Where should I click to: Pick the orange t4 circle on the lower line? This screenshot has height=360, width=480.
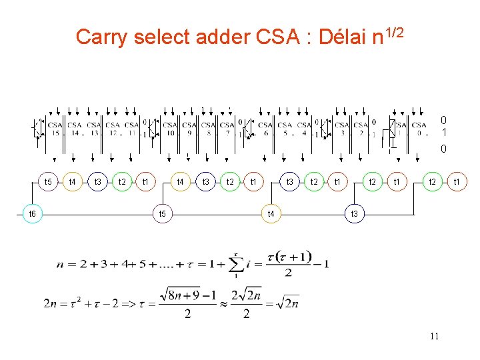271,213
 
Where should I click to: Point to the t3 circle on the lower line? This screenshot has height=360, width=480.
355,213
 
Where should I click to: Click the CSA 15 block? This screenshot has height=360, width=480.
55,128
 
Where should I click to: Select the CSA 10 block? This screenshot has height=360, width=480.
170,128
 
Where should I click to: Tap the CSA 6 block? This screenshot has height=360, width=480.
265,128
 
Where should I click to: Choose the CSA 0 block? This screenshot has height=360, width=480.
419,128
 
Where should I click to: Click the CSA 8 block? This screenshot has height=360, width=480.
208,128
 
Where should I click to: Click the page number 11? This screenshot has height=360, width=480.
434,336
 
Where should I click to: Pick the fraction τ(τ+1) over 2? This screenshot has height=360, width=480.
289,264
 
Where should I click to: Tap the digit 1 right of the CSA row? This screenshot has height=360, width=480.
443,133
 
